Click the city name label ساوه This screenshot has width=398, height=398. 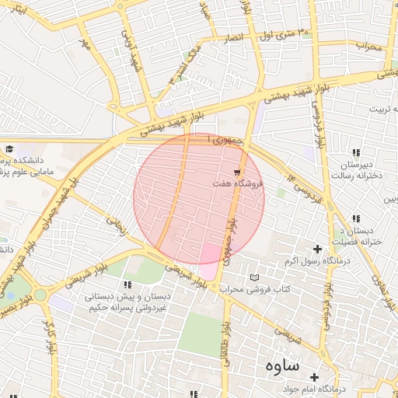click(x=283, y=365)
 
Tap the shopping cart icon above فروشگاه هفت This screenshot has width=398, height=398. click(x=237, y=172)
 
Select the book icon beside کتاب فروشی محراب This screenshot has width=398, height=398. click(x=255, y=278)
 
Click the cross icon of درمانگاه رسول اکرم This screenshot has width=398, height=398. click(x=316, y=248)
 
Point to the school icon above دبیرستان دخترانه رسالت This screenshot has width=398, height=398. click(x=356, y=153)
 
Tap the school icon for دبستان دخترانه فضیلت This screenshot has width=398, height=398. click(x=356, y=219)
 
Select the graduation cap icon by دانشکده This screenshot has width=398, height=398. click(x=9, y=149)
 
